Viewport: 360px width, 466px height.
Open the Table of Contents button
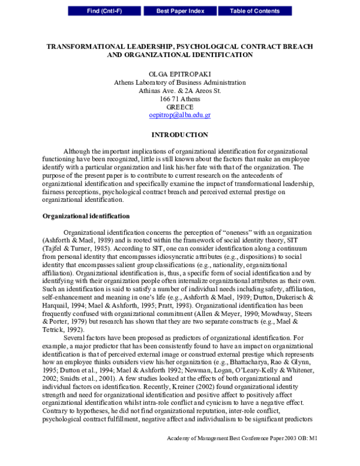[254, 11]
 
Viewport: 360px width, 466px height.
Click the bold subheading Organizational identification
[84, 216]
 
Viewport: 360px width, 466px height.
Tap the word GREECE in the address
[179, 106]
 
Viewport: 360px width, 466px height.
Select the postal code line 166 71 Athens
[179, 98]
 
